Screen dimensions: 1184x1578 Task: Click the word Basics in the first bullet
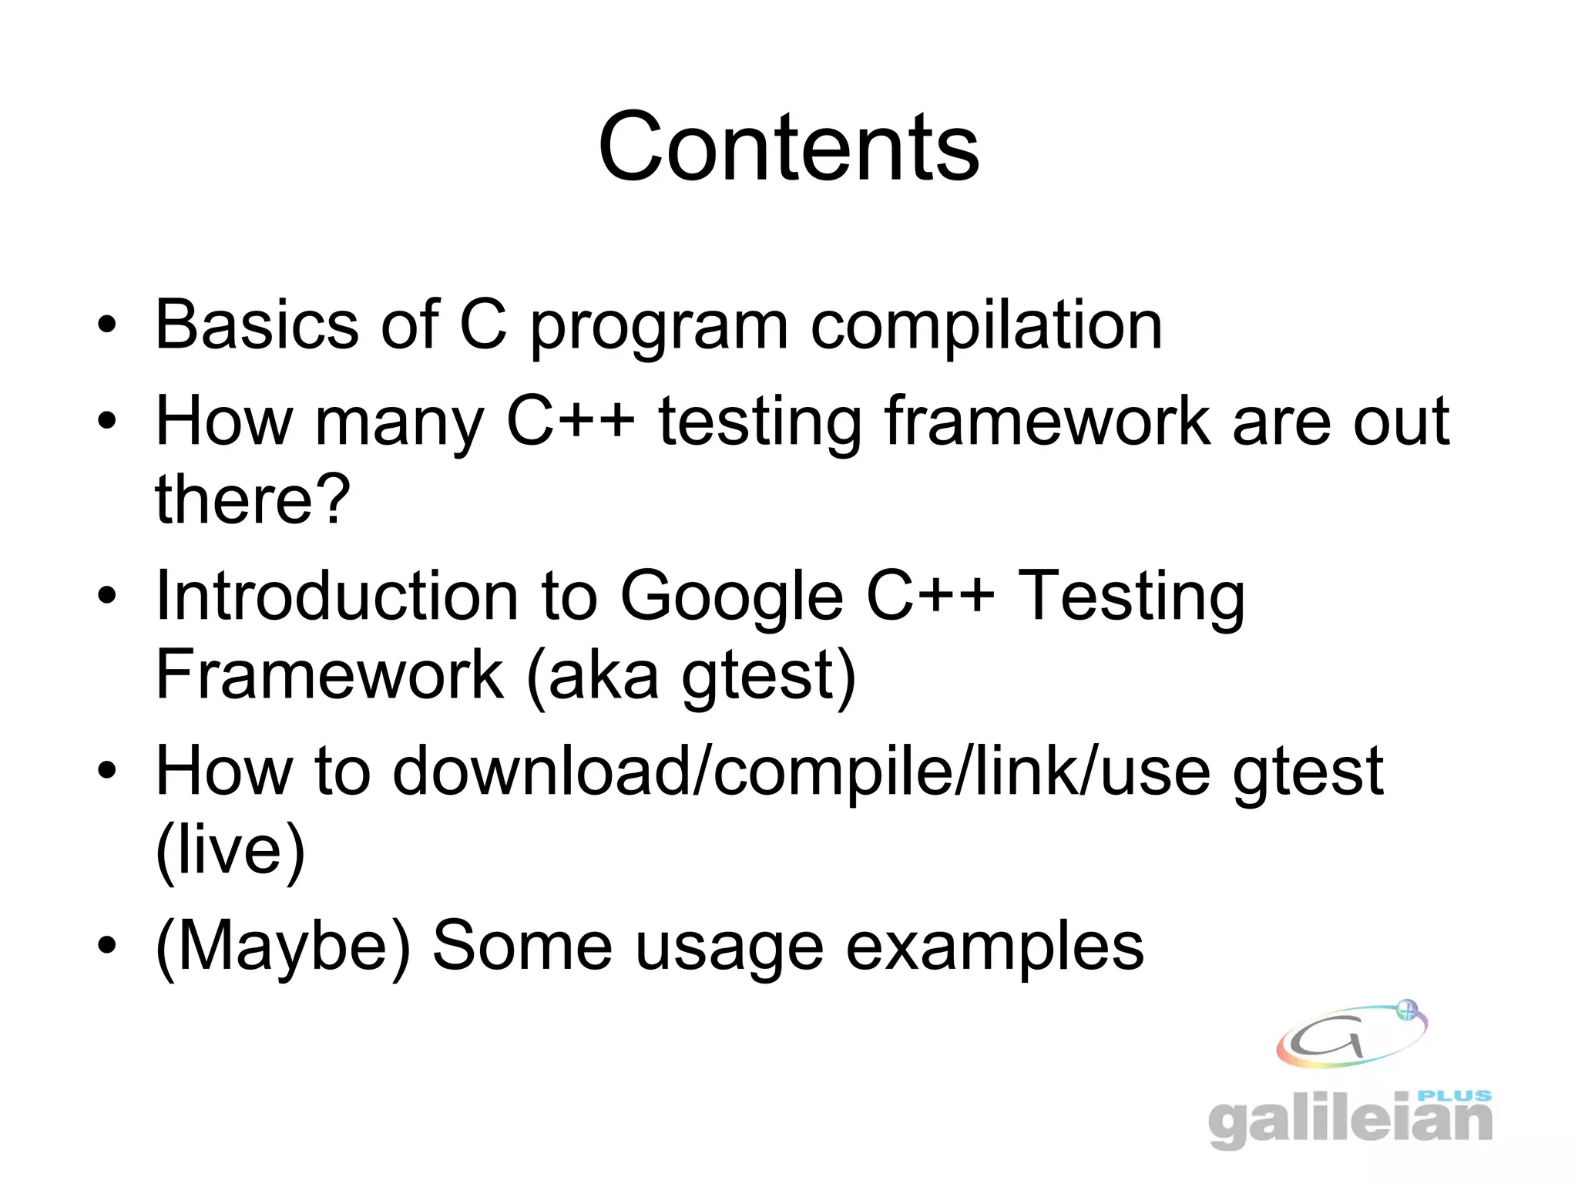(x=257, y=325)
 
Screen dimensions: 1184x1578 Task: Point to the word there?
(x=253, y=499)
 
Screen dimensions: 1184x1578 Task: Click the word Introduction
(x=337, y=596)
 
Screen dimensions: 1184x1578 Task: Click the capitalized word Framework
(x=329, y=674)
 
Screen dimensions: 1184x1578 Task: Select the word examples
(x=995, y=948)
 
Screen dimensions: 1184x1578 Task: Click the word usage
(x=729, y=948)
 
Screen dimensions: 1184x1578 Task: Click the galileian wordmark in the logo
(x=1348, y=1122)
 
